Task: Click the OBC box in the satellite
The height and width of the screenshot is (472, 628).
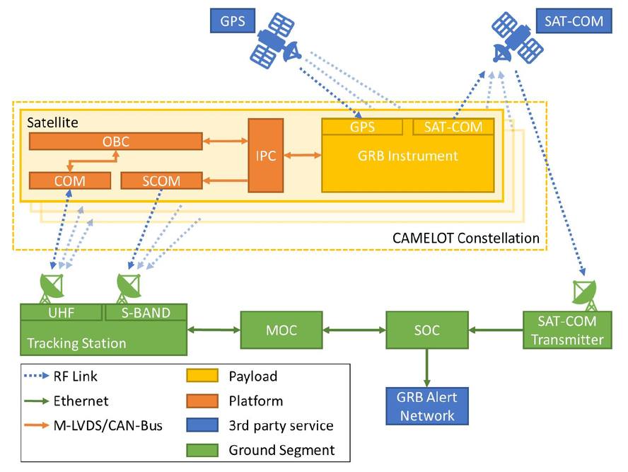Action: coord(115,142)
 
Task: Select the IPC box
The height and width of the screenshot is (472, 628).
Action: coord(265,156)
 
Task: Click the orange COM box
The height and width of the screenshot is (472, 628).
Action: coord(69,180)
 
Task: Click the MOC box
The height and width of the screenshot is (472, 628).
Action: coord(281,329)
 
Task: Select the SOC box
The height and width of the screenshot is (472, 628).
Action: coord(427,329)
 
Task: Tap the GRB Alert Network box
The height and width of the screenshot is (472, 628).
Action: coord(426,405)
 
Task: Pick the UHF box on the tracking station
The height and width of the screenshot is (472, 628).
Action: coord(62,312)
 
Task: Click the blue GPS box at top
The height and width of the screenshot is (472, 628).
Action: coord(233,21)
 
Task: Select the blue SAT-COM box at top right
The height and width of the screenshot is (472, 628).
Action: coord(574,21)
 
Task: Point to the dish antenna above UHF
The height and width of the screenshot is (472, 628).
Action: coord(52,287)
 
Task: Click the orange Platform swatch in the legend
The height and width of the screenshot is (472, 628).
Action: coord(202,401)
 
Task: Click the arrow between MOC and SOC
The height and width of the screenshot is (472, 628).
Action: coord(354,329)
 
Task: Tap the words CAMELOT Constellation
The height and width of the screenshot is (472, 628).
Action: coord(465,238)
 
